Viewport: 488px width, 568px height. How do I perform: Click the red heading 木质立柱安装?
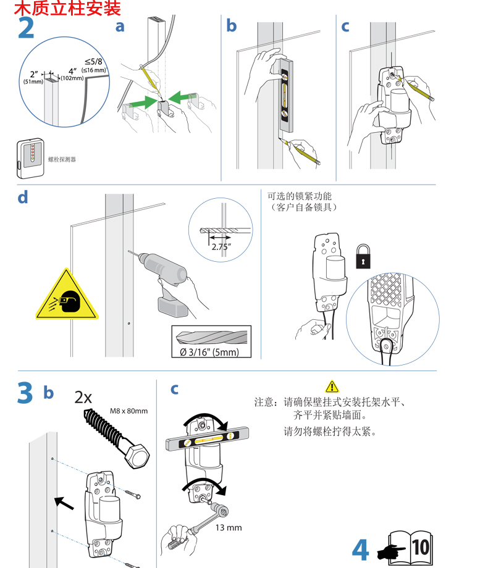click(67, 9)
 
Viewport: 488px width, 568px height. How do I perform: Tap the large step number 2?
click(26, 29)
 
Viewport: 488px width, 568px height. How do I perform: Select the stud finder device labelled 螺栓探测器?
click(30, 153)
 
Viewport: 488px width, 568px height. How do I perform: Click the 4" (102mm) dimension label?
click(72, 74)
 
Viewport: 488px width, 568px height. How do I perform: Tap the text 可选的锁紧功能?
click(301, 196)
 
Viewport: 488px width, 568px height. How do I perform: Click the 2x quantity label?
click(83, 397)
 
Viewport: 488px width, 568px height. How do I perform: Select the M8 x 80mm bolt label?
click(129, 411)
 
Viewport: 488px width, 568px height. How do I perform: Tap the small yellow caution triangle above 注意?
click(332, 387)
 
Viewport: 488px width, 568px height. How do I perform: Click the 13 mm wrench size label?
click(229, 528)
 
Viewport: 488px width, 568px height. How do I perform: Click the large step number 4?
click(360, 549)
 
